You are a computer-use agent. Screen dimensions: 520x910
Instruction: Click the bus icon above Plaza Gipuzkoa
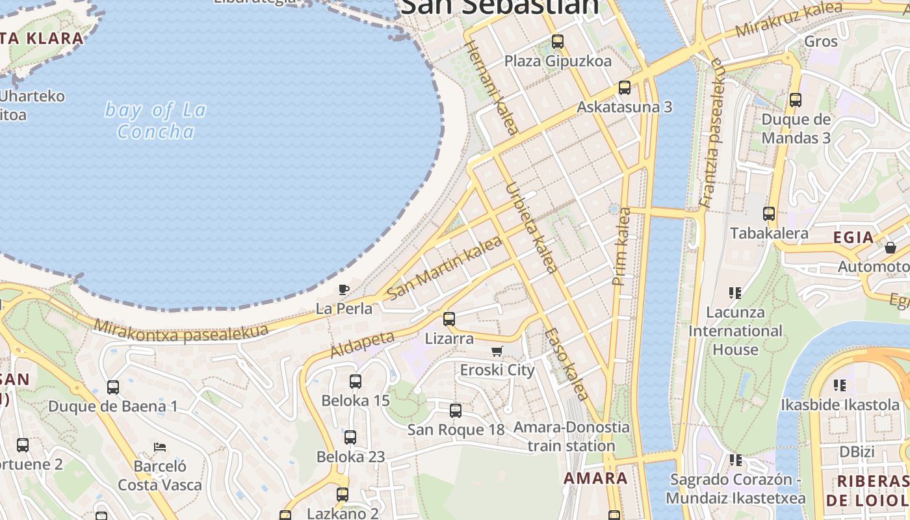[x=557, y=42]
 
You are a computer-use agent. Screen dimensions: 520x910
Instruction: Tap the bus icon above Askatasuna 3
[x=625, y=87]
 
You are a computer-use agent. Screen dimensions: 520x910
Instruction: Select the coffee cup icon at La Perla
[x=344, y=289]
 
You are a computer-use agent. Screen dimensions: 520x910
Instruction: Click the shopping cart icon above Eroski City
[x=497, y=352]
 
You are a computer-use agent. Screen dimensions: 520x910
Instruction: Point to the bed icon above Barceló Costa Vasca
[x=160, y=447]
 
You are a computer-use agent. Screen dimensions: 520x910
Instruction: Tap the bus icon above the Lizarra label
[x=448, y=319]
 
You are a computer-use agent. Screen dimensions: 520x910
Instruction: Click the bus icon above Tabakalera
[x=769, y=213]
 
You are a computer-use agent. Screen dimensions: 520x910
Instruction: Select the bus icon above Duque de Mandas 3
[x=795, y=100]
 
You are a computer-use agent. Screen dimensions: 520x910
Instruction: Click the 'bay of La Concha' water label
[x=155, y=121]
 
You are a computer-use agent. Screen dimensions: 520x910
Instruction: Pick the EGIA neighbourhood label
[x=854, y=237]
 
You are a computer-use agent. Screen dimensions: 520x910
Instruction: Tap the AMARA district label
[x=595, y=478]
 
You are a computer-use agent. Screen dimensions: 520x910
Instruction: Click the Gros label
[x=821, y=42]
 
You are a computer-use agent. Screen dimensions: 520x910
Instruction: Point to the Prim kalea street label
[x=622, y=246]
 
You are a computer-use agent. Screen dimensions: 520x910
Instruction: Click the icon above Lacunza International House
[x=735, y=293]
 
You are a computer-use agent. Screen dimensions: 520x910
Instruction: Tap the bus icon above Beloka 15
[x=355, y=382]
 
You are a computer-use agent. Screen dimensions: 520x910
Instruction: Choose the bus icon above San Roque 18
[x=456, y=411]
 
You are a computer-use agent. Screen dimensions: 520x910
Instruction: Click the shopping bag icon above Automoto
[x=890, y=248]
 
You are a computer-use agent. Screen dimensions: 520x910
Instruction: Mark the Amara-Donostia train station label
[x=571, y=437]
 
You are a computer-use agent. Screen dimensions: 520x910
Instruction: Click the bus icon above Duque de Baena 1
[x=113, y=387]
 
